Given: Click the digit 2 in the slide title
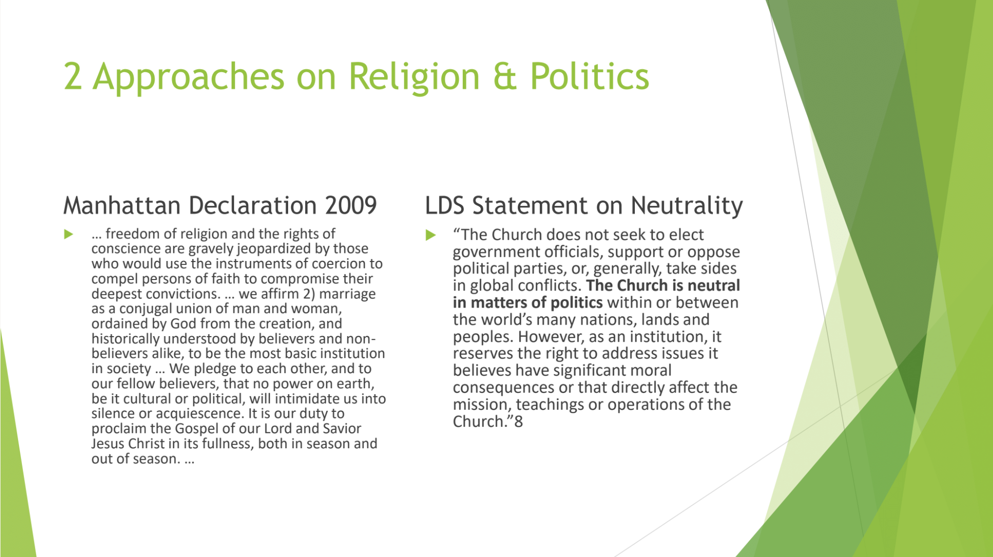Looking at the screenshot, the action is tap(73, 77).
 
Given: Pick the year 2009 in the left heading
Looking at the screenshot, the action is tap(351, 205).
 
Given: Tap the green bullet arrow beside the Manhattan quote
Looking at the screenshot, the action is tap(69, 234).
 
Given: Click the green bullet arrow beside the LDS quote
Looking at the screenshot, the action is tap(431, 235).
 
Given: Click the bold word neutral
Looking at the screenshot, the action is tap(714, 286).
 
